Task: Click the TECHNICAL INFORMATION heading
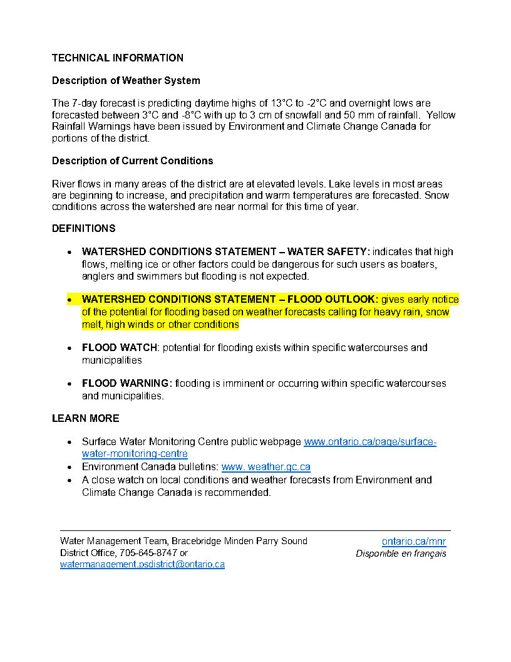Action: pyautogui.click(x=118, y=58)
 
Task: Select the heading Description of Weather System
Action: pyautogui.click(x=126, y=80)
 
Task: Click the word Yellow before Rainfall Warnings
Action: pyautogui.click(x=442, y=115)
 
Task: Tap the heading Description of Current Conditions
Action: pyautogui.click(x=132, y=160)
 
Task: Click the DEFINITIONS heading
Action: pyautogui.click(x=84, y=228)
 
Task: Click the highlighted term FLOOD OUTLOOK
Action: pyautogui.click(x=333, y=299)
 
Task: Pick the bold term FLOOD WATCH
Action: pyautogui.click(x=119, y=347)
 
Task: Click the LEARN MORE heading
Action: pyautogui.click(x=85, y=418)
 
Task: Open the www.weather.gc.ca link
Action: pyautogui.click(x=266, y=467)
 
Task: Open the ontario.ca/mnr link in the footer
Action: pyautogui.click(x=413, y=542)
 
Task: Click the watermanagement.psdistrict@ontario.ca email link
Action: pyautogui.click(x=142, y=564)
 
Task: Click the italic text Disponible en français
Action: pyautogui.click(x=401, y=553)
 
